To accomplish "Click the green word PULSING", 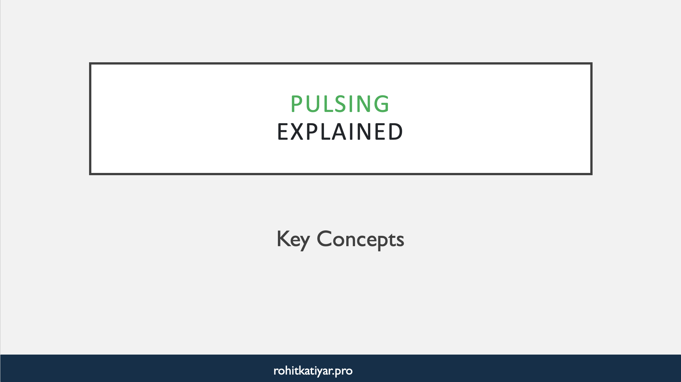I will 340,104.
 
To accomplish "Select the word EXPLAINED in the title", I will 340,132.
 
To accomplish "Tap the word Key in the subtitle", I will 293,239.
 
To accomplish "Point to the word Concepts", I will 360,239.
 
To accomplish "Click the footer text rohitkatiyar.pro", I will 313,371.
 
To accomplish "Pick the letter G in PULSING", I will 381,104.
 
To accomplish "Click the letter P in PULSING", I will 296,104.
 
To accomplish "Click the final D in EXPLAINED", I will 395,132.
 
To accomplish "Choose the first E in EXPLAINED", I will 282,132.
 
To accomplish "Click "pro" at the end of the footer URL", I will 344,371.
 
